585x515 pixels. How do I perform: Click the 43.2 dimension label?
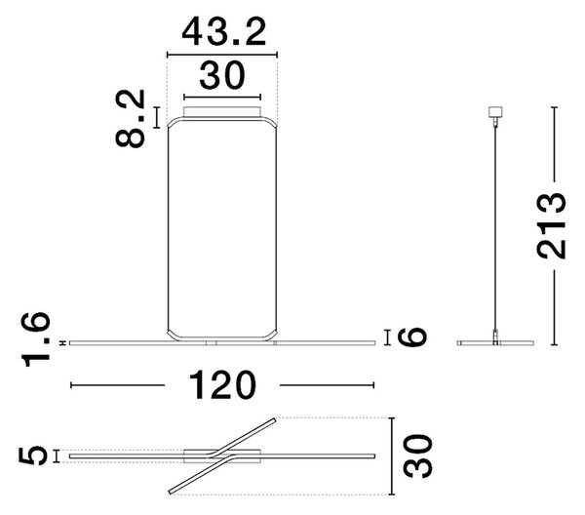224,32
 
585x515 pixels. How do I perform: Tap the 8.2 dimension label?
130,118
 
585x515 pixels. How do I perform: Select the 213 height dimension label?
552,225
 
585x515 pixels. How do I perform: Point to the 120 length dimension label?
222,385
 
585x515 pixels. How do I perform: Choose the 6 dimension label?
411,337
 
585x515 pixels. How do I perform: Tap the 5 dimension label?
33,456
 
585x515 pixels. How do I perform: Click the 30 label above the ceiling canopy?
222,76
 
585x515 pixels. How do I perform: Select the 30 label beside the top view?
417,456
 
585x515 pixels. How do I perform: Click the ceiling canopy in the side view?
495,112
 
